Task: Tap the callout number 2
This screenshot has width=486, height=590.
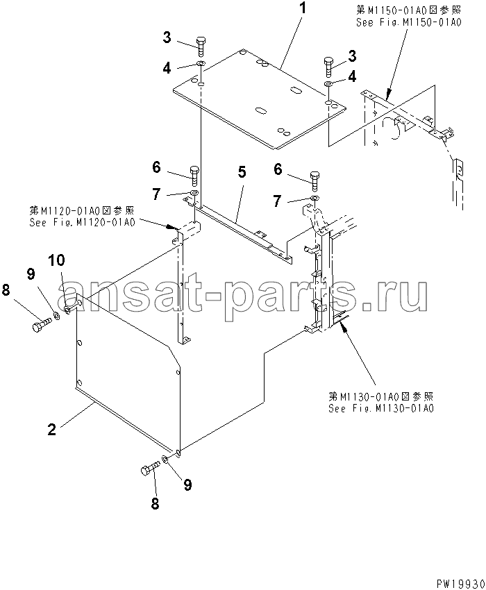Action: [51, 430]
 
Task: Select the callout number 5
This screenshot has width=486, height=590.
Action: [242, 172]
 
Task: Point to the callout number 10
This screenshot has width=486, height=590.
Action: [56, 260]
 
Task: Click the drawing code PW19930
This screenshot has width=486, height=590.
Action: [460, 584]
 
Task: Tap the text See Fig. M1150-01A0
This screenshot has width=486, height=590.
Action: [408, 23]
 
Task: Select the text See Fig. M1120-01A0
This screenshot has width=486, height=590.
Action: [82, 222]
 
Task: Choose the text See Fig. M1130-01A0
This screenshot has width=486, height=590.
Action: [381, 408]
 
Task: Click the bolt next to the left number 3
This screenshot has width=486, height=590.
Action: [201, 47]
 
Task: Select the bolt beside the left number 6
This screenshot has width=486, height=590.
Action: [194, 176]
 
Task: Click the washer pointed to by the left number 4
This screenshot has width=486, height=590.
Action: [201, 64]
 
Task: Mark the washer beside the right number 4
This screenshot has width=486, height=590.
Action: [328, 83]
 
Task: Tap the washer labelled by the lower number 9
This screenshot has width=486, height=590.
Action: [165, 459]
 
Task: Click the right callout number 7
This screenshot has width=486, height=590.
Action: [277, 201]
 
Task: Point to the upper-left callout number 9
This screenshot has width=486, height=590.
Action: [31, 274]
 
